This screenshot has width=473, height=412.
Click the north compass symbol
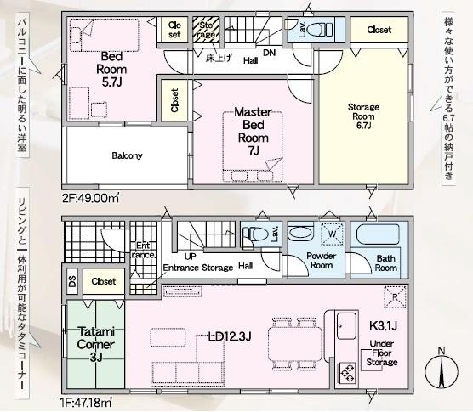(442, 370)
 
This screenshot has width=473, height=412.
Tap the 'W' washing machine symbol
(332, 234)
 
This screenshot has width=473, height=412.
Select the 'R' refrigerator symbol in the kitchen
(396, 297)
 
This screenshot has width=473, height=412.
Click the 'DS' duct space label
(72, 281)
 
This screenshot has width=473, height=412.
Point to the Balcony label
(127, 155)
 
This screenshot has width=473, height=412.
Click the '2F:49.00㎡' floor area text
(91, 199)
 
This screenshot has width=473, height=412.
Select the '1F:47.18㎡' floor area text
(87, 403)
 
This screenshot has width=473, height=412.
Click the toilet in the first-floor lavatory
(255, 234)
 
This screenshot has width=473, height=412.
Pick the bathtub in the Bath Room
(378, 234)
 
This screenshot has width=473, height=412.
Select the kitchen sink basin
(346, 326)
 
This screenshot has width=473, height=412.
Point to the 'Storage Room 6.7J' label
(363, 116)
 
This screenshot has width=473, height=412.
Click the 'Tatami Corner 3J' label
(95, 344)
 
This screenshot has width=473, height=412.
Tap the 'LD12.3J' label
(230, 336)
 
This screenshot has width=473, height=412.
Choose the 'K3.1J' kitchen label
(383, 325)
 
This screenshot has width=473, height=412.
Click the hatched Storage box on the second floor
(206, 30)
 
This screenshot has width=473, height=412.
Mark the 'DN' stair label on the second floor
(270, 53)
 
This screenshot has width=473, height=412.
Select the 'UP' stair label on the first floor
(190, 257)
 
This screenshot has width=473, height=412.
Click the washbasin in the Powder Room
(301, 233)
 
